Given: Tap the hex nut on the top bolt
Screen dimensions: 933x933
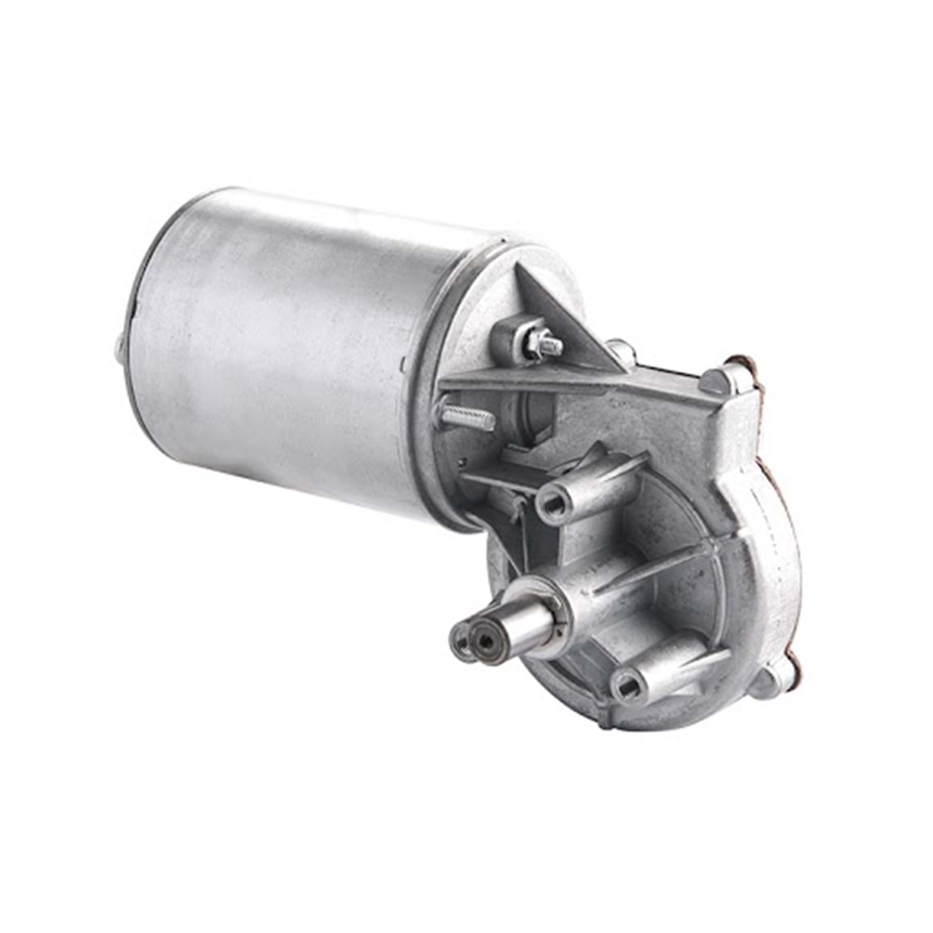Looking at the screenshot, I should coord(543,344).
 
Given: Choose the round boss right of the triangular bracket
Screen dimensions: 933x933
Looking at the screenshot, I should coord(621,352).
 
